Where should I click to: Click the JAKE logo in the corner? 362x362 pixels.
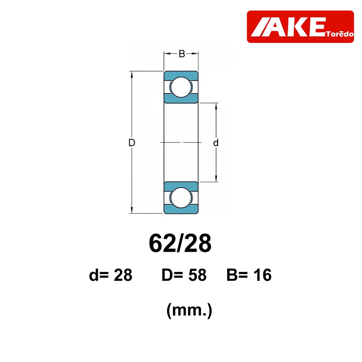(x=300, y=27)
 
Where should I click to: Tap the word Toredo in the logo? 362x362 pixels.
(x=340, y=34)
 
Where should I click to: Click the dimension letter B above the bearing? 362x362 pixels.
(x=182, y=54)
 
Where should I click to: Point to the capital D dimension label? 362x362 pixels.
(x=132, y=143)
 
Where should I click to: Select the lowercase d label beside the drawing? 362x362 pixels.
(x=216, y=143)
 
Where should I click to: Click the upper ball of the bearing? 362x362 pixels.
(x=181, y=87)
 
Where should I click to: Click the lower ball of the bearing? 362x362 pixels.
(x=181, y=198)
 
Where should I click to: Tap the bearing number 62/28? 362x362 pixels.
(x=180, y=244)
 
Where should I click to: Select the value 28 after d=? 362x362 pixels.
(x=123, y=275)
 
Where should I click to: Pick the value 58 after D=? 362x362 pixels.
(x=197, y=275)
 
